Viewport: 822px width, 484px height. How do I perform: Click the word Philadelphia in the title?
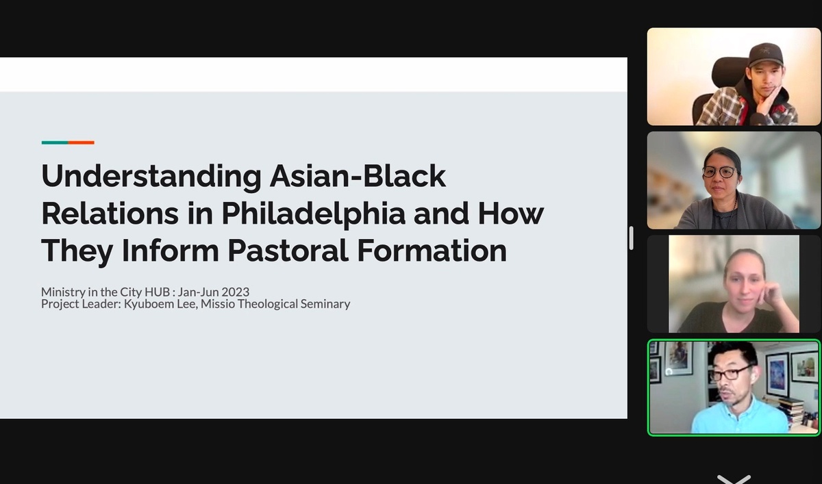314,214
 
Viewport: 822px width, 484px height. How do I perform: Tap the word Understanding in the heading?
151,177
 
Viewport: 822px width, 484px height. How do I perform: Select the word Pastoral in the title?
288,251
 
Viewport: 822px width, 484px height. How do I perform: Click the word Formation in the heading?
432,251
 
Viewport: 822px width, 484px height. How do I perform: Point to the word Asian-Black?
358,176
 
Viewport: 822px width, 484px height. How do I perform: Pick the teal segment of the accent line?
55,142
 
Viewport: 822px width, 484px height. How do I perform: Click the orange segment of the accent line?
81,142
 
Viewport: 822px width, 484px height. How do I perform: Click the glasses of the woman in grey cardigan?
719,172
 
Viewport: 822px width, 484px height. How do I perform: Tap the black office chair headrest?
730,73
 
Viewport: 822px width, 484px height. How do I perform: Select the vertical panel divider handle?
631,238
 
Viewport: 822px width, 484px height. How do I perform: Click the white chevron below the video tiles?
734,479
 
